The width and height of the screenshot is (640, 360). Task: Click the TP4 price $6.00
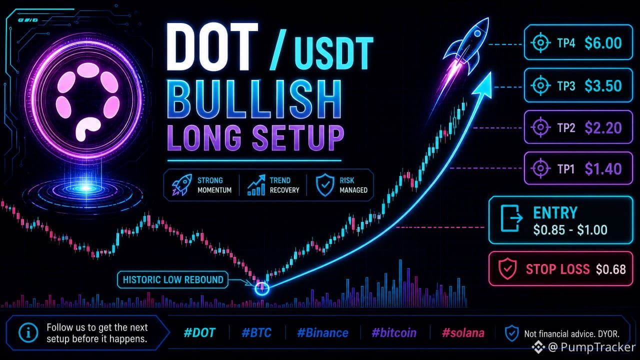603,43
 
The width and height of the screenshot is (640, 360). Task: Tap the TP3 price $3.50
603,85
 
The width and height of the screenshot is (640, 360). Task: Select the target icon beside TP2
540,127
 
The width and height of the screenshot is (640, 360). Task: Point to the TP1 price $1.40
603,168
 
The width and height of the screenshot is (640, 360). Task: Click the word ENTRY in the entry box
555,212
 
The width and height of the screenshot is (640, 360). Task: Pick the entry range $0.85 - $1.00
570,229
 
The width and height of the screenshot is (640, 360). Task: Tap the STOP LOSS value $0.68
611,269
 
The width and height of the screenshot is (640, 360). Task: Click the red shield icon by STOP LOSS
507,268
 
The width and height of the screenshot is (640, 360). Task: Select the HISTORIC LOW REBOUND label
173,279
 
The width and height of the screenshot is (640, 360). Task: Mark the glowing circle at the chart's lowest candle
261,288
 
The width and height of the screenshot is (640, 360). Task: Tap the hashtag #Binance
322,333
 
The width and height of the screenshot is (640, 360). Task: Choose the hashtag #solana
463,333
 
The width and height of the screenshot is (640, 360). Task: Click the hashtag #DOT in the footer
199,333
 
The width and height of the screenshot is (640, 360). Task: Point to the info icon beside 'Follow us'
28,332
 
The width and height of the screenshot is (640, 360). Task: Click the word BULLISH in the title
254,99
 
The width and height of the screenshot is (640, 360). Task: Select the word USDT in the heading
333,53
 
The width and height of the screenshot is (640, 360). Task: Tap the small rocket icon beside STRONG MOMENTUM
181,185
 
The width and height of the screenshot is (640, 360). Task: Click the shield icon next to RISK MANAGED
325,185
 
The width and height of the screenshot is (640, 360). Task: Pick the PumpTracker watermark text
597,347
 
